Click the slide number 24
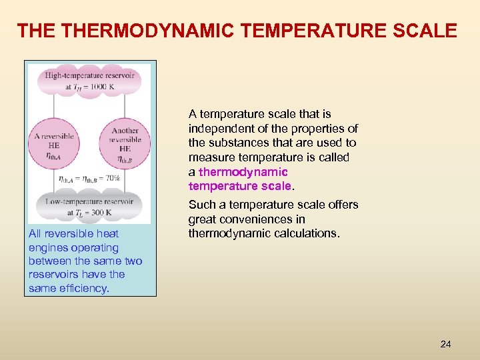click(x=445, y=344)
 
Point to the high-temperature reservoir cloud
click(x=89, y=81)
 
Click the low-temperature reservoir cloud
click(x=89, y=207)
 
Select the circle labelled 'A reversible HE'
click(x=54, y=144)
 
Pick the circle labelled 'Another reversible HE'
click(x=125, y=144)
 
